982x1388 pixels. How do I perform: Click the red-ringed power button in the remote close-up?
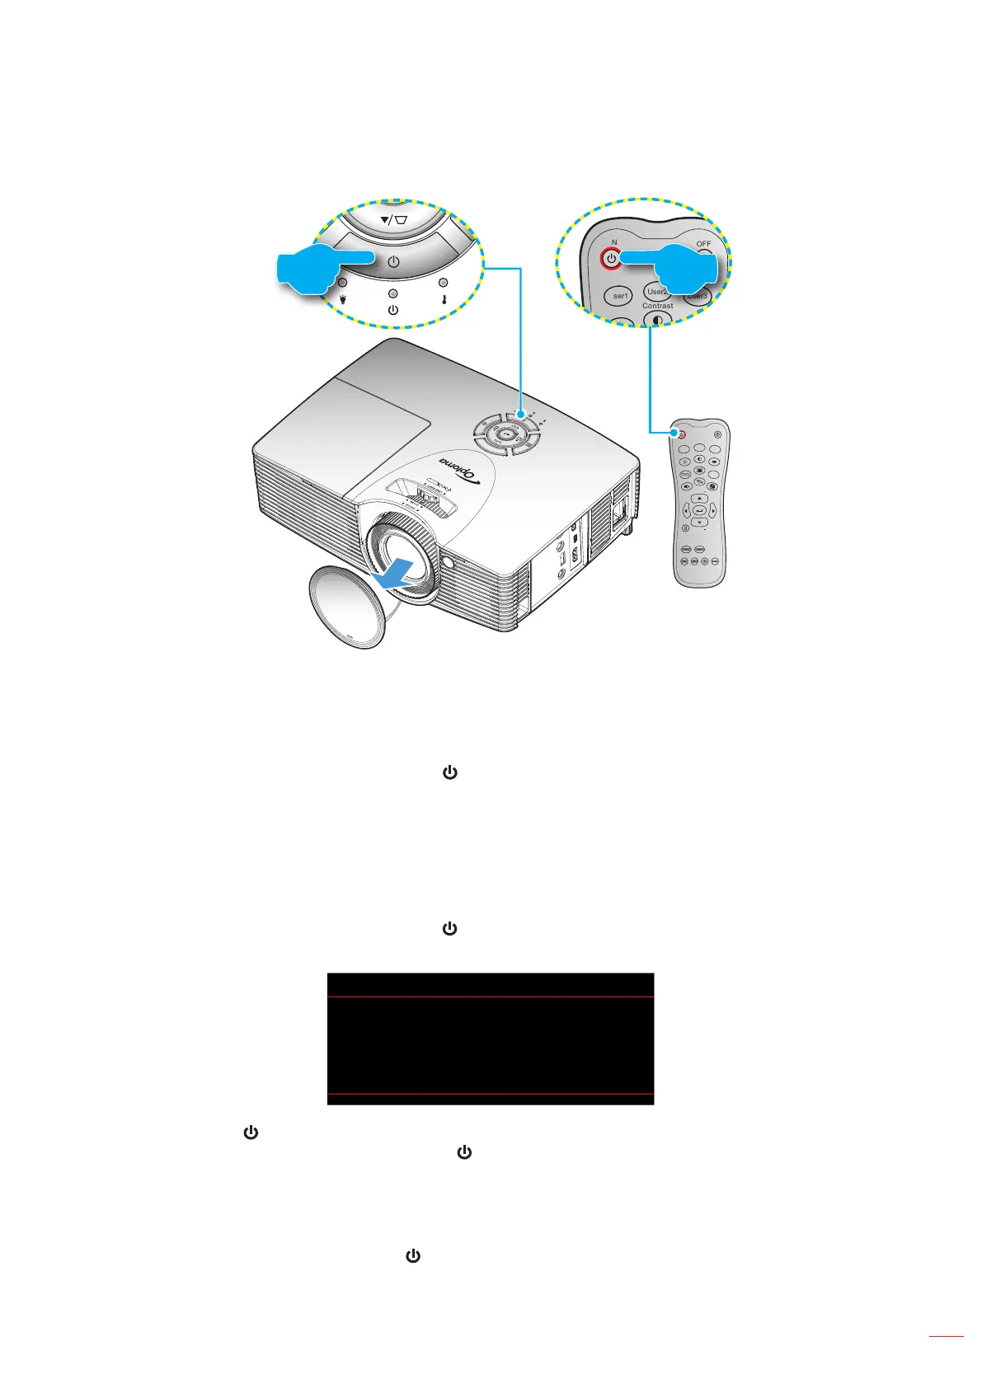[611, 258]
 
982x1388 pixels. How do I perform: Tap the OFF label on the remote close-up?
[702, 244]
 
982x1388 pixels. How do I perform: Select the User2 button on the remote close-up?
[657, 292]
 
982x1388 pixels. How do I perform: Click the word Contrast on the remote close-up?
[657, 306]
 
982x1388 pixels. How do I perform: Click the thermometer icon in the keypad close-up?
[444, 298]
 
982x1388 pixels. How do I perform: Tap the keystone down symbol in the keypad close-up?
[393, 220]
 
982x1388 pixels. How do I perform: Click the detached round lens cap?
[346, 606]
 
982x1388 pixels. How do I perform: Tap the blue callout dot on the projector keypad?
[520, 415]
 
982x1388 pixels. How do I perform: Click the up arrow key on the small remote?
[699, 499]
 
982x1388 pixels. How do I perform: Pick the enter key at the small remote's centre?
[699, 511]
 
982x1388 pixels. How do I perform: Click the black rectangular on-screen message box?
[490, 1039]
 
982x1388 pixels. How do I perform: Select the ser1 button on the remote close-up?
[620, 296]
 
